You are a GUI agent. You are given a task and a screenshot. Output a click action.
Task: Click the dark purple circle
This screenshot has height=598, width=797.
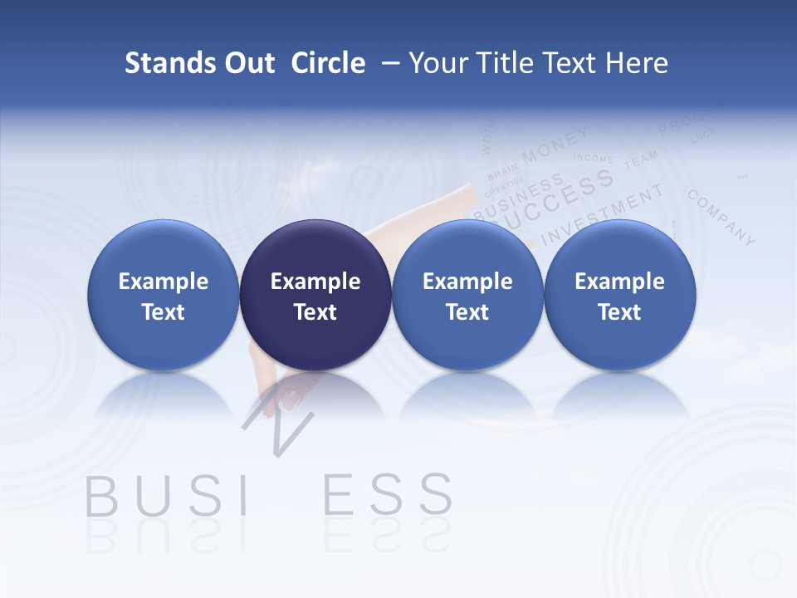(315, 295)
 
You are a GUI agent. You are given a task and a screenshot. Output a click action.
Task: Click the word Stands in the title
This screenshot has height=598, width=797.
(169, 63)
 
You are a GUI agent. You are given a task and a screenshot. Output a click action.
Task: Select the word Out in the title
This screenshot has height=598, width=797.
(247, 63)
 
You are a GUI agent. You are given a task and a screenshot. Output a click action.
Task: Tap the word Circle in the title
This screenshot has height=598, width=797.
(328, 63)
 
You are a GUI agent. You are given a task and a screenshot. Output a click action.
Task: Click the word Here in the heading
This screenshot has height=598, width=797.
(637, 63)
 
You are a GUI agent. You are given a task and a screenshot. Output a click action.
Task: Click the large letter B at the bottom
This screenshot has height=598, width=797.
(101, 496)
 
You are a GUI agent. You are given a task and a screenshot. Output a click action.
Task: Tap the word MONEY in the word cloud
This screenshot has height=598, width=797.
(555, 144)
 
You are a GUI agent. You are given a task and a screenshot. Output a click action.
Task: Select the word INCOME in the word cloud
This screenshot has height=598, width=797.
(594, 158)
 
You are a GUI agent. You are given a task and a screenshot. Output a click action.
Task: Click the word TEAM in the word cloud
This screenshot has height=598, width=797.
(640, 159)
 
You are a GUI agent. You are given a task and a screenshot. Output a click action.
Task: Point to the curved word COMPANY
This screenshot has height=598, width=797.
(721, 218)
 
